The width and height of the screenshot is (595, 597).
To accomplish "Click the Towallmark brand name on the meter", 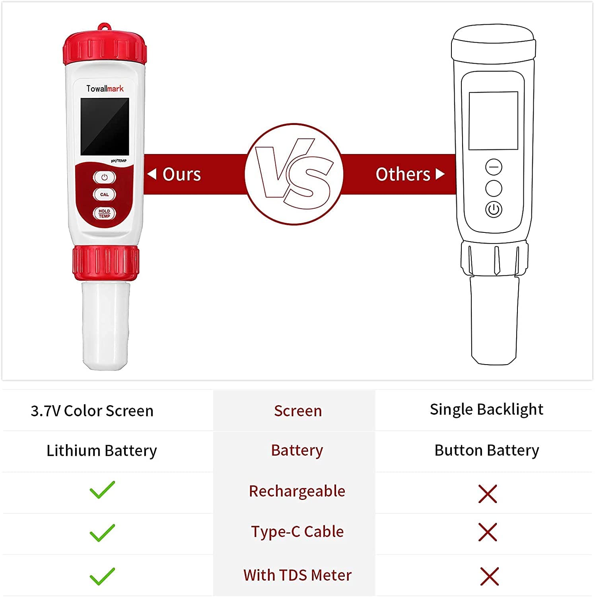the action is point(105,88).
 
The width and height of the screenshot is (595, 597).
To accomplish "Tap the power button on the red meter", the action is point(105,177).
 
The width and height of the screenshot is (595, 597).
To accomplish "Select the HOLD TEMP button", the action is point(105,214).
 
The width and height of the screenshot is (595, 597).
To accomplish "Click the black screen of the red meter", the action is point(105,127).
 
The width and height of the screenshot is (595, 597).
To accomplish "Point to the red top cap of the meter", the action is point(105,47).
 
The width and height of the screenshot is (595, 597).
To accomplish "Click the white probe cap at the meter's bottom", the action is point(105,325).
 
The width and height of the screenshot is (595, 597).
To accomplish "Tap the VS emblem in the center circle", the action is point(294,174).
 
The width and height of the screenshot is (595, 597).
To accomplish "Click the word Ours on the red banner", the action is point(182,174).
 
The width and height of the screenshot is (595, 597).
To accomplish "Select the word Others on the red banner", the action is point(403,174).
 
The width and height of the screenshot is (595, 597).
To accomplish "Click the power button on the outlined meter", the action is point(494,209).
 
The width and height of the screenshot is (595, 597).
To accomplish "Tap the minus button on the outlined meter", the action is point(494,167).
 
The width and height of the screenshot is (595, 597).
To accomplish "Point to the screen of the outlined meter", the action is point(494,121).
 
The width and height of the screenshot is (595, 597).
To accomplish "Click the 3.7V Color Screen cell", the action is point(92,411).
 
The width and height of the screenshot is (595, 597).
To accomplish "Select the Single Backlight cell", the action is point(486,410).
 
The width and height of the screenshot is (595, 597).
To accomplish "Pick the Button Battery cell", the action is point(487,451).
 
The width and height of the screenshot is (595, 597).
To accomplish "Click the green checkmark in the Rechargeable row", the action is point(102,490).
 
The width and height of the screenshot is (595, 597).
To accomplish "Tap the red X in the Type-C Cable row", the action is point(488,533).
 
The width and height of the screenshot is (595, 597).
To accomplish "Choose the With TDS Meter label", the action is point(297,575).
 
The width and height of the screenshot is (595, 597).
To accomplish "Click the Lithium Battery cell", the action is point(102,451).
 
